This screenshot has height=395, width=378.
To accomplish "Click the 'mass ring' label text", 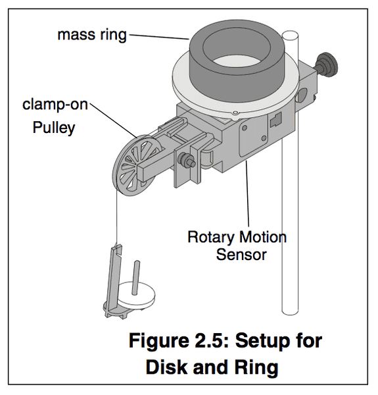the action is pyautogui.click(x=92, y=35).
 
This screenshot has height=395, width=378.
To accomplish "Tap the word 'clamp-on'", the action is pyautogui.click(x=55, y=104).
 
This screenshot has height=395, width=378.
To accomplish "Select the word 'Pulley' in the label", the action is pyautogui.click(x=54, y=128).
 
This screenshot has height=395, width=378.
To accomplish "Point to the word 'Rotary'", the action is pyautogui.click(x=211, y=237).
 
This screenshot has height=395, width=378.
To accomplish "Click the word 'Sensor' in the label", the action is pyautogui.click(x=241, y=255).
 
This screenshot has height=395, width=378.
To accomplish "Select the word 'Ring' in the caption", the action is pyautogui.click(x=256, y=368).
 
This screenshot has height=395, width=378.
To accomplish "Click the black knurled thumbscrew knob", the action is pyautogui.click(x=327, y=65).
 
